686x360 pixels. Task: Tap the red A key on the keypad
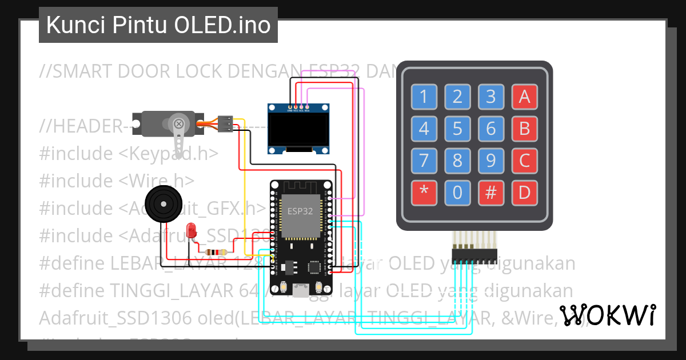tap(525, 97)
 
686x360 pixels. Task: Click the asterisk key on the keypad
tap(424, 193)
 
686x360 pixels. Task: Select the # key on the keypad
tap(491, 193)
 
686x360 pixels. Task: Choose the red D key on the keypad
tap(525, 193)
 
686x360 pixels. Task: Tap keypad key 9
tap(491, 161)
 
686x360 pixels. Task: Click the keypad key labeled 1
tap(424, 97)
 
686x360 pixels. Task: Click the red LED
tap(192, 231)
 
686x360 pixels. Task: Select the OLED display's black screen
tap(299, 129)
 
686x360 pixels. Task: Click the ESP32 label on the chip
tap(300, 211)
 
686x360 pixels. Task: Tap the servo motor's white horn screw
tap(179, 123)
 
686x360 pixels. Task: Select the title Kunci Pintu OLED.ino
tap(158, 25)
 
